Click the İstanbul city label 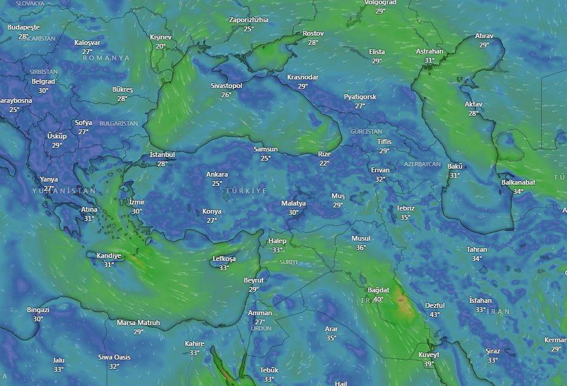(x=163, y=155)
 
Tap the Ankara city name (x=217, y=174)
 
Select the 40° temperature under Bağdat (x=378, y=299)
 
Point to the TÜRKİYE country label (x=246, y=191)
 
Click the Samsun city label (x=266, y=150)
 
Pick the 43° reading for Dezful (x=435, y=315)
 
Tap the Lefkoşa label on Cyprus (x=224, y=259)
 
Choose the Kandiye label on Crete (x=109, y=255)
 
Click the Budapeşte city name (x=23, y=28)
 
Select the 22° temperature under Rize (x=324, y=163)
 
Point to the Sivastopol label (x=227, y=86)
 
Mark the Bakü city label (x=455, y=166)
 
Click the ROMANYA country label (x=107, y=58)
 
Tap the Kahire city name (x=195, y=344)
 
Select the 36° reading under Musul (x=361, y=247)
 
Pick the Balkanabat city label (x=518, y=182)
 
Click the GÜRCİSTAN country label (x=366, y=132)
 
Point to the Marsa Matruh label (x=139, y=323)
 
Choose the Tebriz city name (x=405, y=208)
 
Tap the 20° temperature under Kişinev (x=161, y=46)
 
